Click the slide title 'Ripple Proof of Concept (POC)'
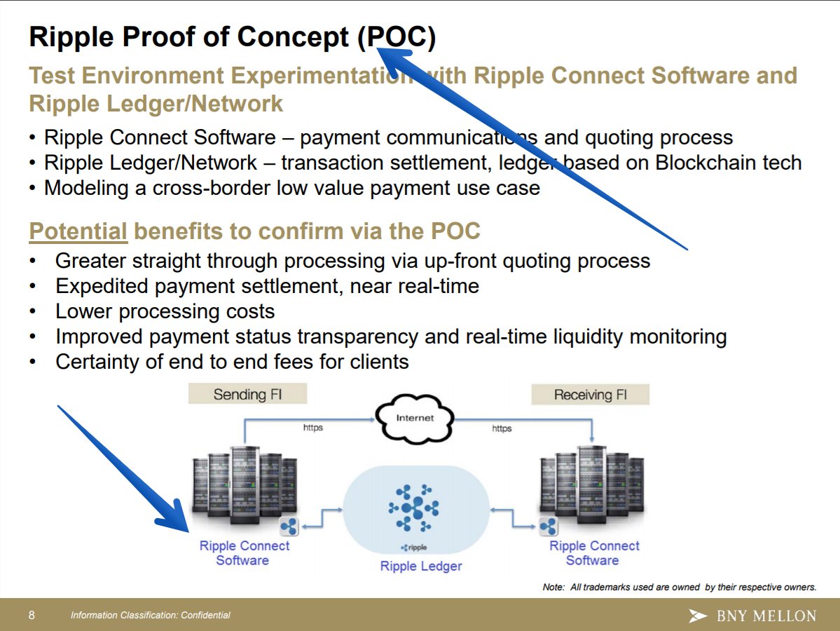[231, 37]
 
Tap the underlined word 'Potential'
[78, 231]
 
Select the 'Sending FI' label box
[247, 395]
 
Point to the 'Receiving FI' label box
[590, 395]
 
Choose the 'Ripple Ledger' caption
[421, 566]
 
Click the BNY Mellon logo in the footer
[752, 616]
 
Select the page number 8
[32, 615]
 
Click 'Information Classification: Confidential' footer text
[150, 615]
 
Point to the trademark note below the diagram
[679, 587]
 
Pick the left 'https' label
[312, 428]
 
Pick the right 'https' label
[502, 428]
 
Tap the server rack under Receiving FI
[591, 484]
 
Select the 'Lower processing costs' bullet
[165, 311]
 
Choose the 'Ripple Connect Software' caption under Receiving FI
[593, 552]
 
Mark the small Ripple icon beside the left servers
[289, 526]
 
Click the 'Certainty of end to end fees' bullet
[231, 362]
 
